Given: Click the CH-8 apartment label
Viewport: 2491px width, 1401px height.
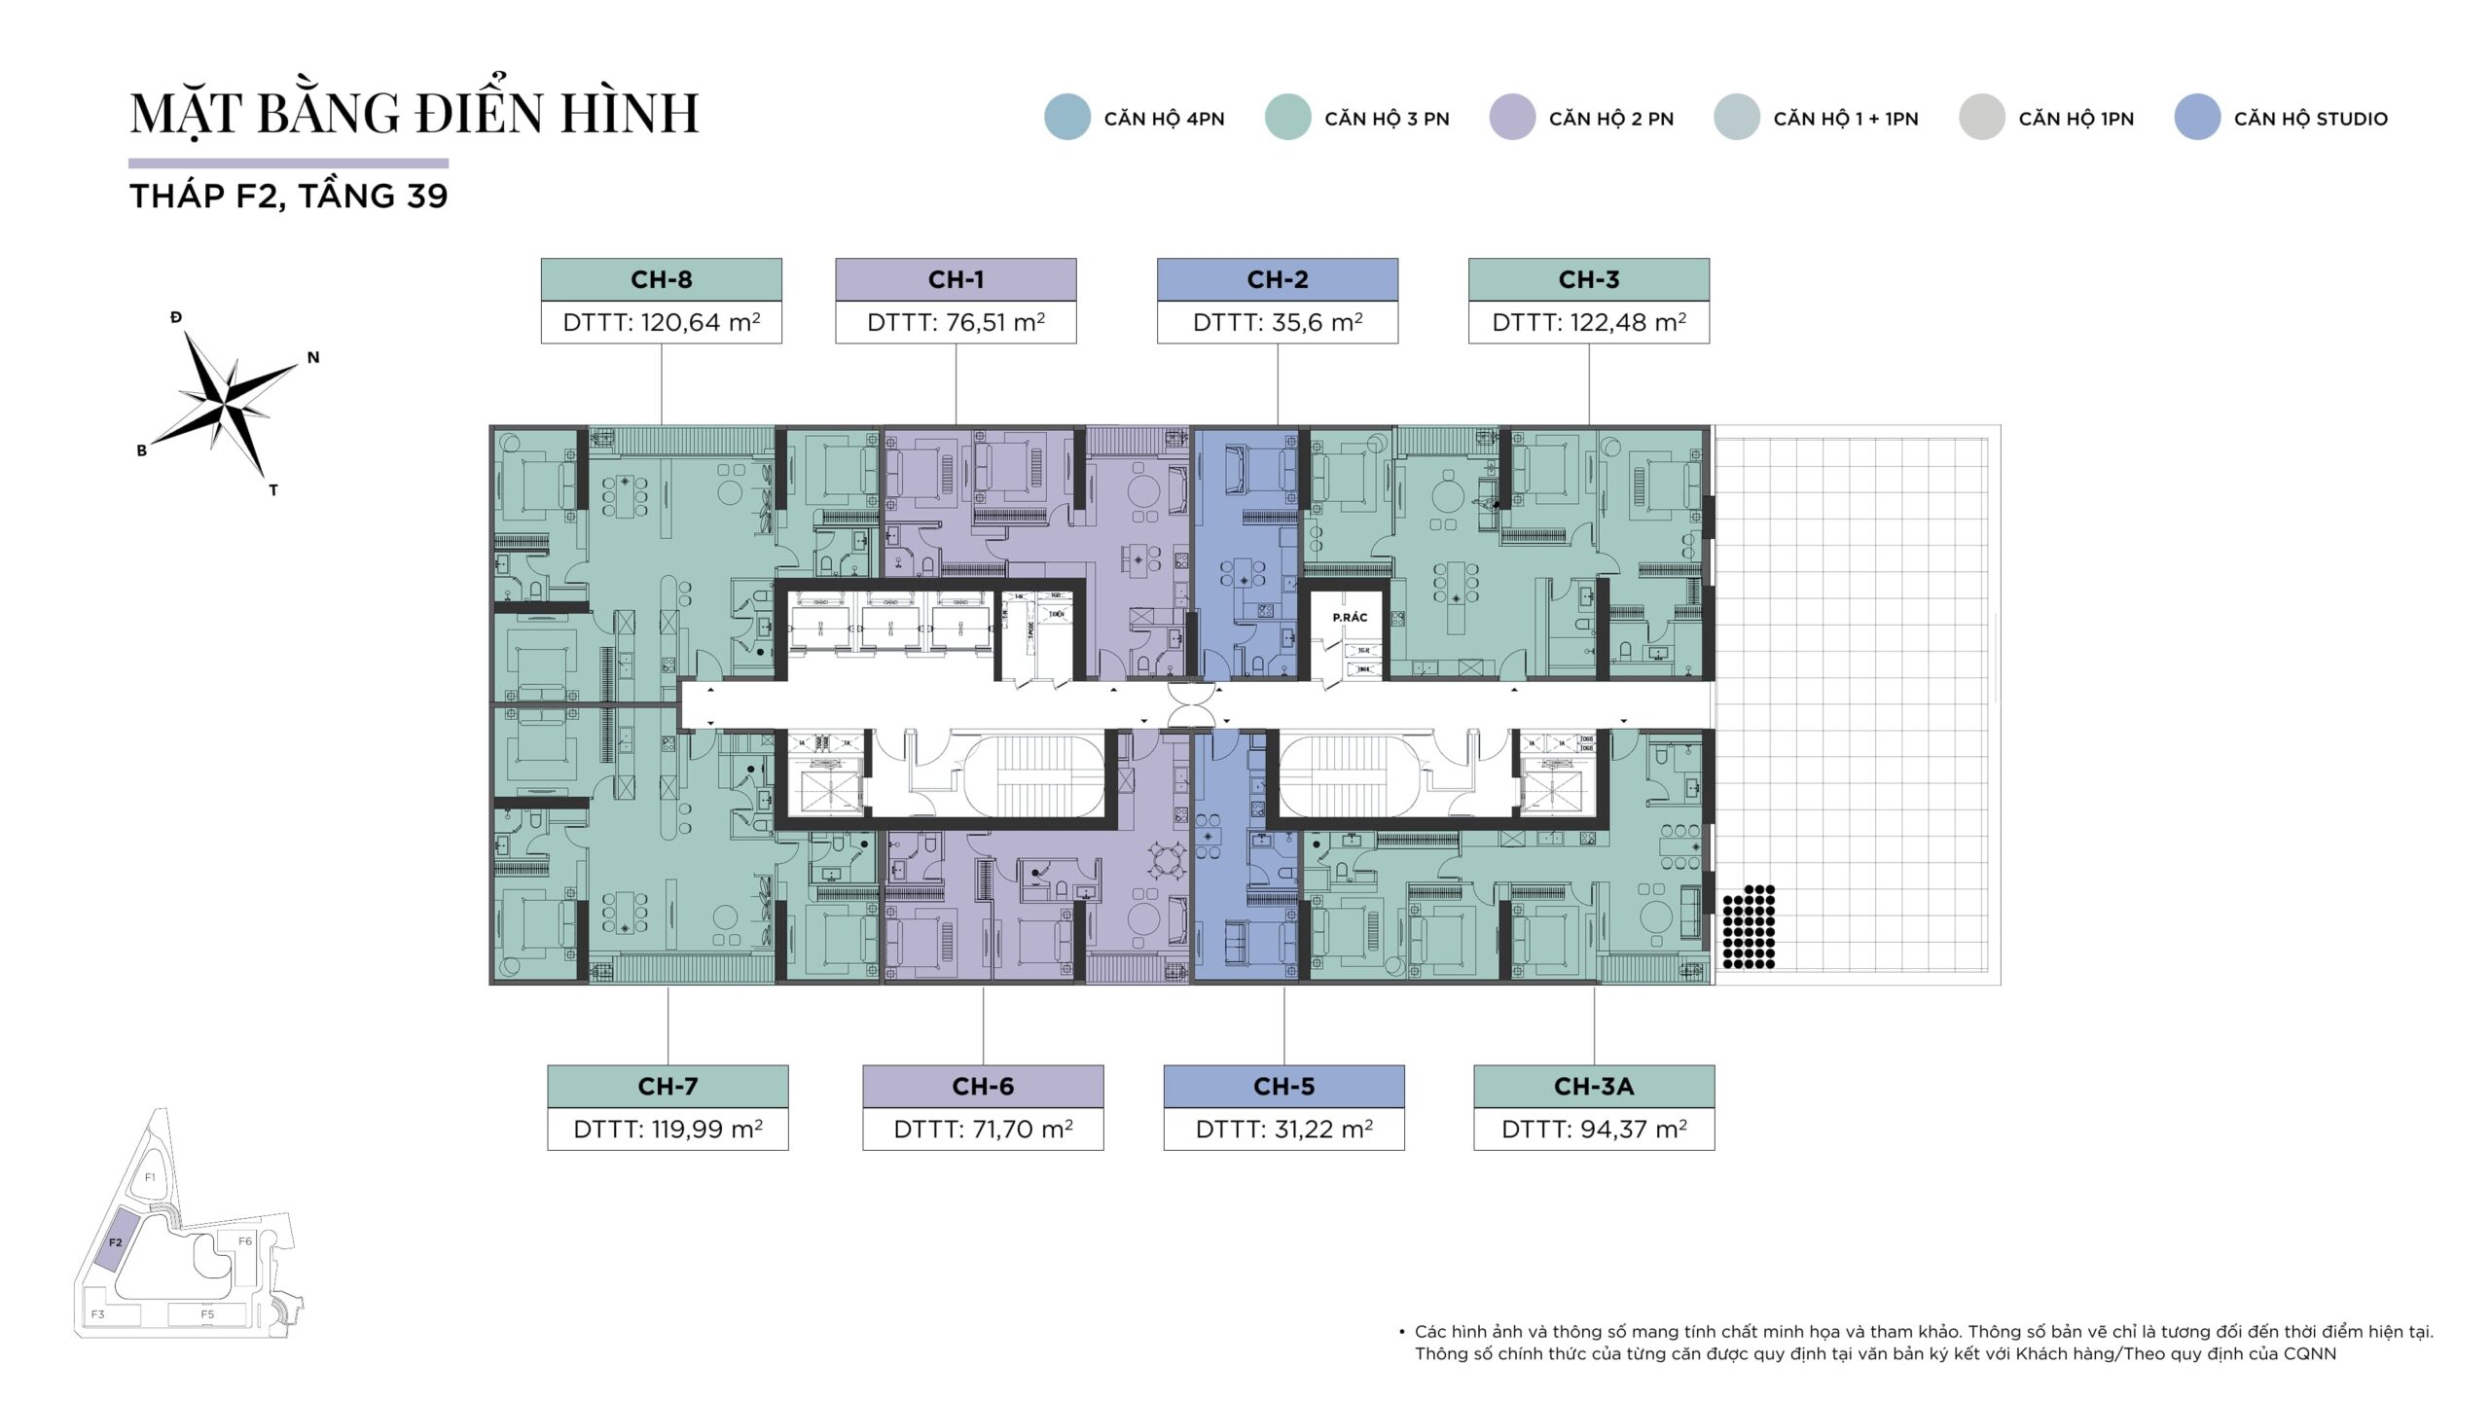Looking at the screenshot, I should (661, 279).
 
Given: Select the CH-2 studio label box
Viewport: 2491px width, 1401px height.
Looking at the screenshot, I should (1277, 279).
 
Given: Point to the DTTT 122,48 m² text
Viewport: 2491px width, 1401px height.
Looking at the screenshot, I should (1588, 322).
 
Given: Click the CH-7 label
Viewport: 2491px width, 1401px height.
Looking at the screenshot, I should (668, 1086).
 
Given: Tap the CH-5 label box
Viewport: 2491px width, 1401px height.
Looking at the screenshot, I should (1283, 1086).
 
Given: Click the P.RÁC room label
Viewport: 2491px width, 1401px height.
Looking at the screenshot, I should (1350, 618).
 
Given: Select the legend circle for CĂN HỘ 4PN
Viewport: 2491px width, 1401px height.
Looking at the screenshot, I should (1066, 118).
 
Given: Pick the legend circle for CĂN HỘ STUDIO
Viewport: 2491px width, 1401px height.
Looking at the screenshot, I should (2196, 118).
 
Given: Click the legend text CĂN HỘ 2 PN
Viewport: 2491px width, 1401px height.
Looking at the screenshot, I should (1610, 119).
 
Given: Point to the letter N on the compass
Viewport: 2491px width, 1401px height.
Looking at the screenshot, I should (313, 357).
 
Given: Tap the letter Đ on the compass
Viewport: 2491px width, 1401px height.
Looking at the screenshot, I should (176, 317).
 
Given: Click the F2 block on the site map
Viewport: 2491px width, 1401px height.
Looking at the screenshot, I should (115, 1242).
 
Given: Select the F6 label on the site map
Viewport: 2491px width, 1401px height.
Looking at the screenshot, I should (245, 1240).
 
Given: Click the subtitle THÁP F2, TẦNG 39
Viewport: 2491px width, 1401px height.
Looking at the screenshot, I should (289, 196).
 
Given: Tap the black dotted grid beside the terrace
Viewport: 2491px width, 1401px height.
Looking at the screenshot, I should (1749, 926).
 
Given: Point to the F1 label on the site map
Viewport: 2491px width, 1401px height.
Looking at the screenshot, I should (150, 1177).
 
